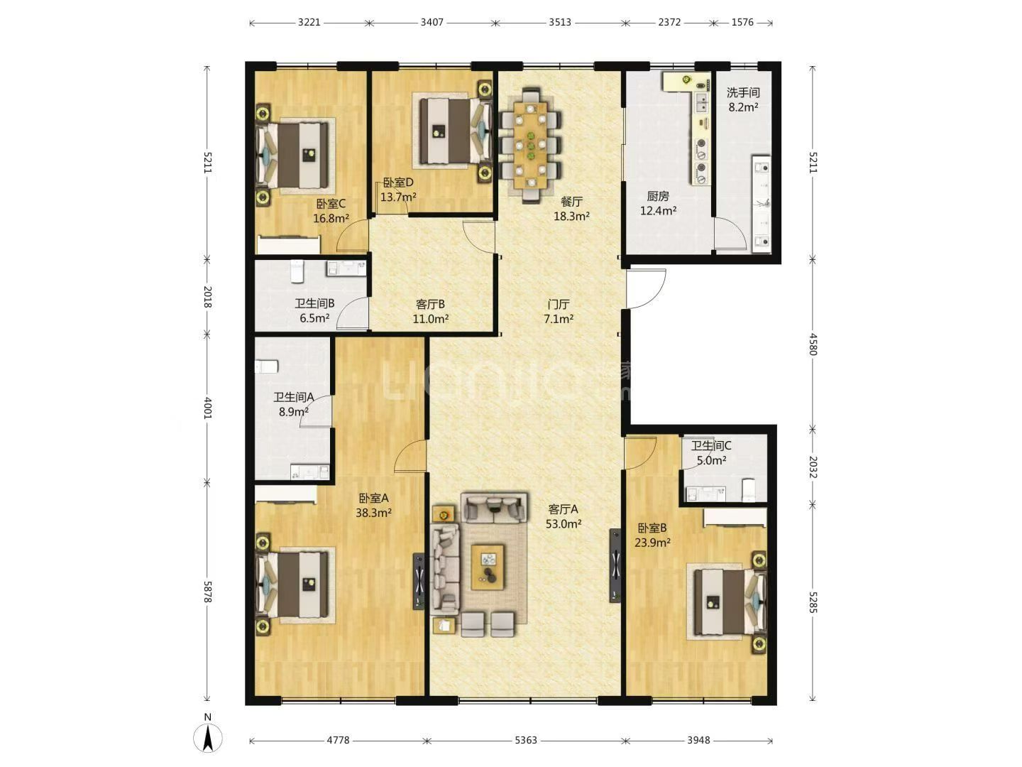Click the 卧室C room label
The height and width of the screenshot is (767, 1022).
(331, 204)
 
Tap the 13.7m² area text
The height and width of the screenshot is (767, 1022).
(398, 197)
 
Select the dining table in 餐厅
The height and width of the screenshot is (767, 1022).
(530, 145)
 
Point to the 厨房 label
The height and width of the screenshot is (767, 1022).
(658, 196)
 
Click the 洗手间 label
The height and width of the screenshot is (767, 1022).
(743, 92)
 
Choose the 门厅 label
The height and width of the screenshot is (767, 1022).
(559, 305)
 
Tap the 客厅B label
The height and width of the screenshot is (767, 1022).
(430, 305)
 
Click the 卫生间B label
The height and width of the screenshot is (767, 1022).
(314, 304)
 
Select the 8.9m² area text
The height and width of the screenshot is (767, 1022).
(294, 412)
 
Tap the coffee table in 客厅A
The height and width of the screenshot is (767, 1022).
(488, 567)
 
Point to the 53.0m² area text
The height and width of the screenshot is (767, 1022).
(564, 524)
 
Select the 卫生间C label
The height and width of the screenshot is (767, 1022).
(711, 446)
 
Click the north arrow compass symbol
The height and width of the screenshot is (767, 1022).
(208, 738)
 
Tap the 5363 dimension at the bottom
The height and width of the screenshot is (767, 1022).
(526, 740)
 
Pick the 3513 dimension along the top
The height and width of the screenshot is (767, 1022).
(560, 22)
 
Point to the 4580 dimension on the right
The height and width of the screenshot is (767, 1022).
(813, 344)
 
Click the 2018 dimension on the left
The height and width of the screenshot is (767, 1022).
(208, 297)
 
